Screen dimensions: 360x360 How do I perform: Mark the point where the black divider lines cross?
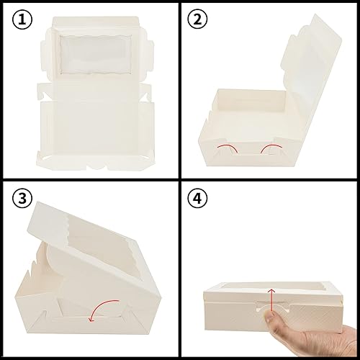pyautogui.click(x=180, y=180)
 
